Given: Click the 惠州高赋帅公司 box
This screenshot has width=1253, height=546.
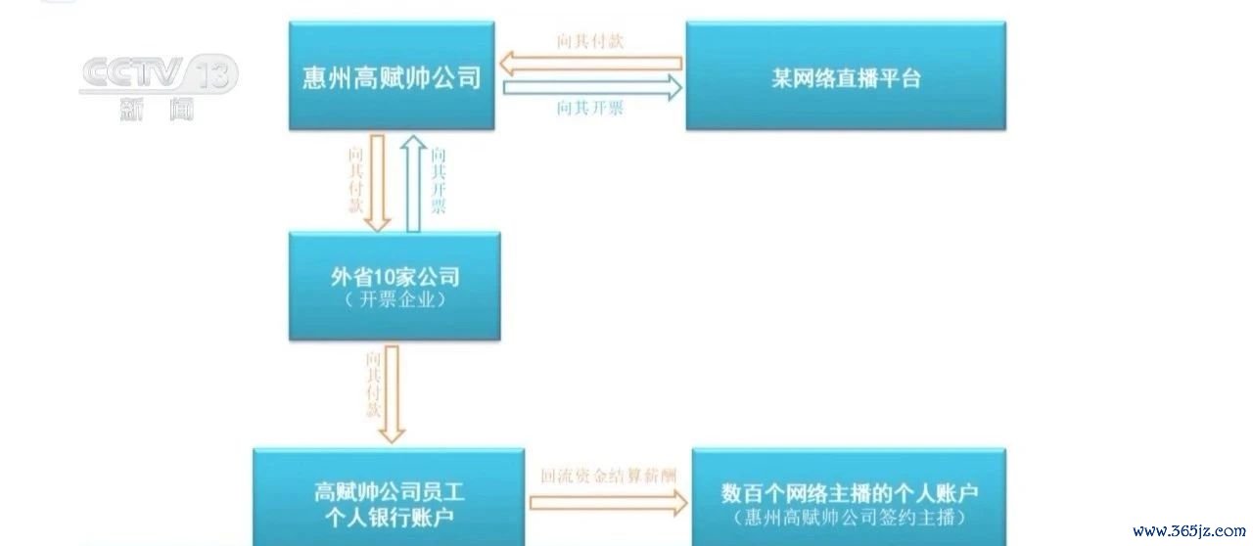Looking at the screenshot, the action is pyautogui.click(x=392, y=75).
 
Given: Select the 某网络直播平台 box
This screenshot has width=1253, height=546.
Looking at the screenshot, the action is pyautogui.click(x=846, y=75).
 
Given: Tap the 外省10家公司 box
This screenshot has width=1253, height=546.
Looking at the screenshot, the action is pyautogui.click(x=394, y=286).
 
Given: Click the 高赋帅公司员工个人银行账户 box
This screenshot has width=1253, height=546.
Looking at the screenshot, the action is pyautogui.click(x=389, y=497).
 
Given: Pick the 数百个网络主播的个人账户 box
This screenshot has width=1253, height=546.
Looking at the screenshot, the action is pyautogui.click(x=849, y=497).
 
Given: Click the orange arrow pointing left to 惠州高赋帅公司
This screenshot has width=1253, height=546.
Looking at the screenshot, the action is pyautogui.click(x=590, y=64).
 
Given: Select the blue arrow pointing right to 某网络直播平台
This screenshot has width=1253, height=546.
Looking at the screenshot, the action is pyautogui.click(x=593, y=88).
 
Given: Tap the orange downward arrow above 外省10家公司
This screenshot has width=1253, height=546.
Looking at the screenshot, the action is pyautogui.click(x=378, y=183).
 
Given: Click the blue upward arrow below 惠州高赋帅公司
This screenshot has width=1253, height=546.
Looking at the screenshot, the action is pyautogui.click(x=413, y=183).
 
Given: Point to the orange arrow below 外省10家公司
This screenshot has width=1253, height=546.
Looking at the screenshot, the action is pyautogui.click(x=392, y=394).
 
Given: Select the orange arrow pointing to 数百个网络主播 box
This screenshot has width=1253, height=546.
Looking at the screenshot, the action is pyautogui.click(x=609, y=503).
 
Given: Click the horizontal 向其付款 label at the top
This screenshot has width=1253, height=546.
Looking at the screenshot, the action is pyautogui.click(x=590, y=41).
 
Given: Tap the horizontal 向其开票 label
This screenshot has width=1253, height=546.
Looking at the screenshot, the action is pyautogui.click(x=590, y=108).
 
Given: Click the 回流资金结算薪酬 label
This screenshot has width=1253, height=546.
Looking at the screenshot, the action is pyautogui.click(x=608, y=477).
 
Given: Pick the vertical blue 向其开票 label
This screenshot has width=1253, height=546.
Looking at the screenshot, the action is pyautogui.click(x=439, y=181).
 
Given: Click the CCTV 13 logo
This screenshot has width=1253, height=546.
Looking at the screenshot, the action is pyautogui.click(x=159, y=73).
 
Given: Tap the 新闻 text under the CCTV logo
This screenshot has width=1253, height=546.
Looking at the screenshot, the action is pyautogui.click(x=158, y=109).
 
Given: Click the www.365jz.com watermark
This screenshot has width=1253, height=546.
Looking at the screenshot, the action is pyautogui.click(x=1189, y=530).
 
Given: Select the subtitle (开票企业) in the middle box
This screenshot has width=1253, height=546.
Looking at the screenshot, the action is pyautogui.click(x=394, y=299).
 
